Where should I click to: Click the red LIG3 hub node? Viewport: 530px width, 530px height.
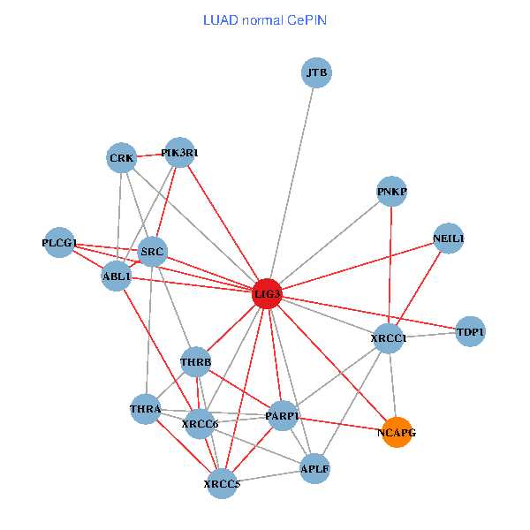click(x=267, y=293)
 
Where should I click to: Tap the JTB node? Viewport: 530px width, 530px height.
click(x=317, y=73)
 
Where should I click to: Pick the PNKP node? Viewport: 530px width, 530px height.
click(x=391, y=192)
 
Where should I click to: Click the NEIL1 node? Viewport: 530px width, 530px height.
click(x=449, y=238)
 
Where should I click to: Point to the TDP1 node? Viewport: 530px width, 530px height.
click(x=470, y=332)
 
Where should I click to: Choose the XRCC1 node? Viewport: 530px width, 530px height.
click(x=389, y=338)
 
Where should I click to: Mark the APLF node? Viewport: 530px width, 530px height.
click(x=315, y=468)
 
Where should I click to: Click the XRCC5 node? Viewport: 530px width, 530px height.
click(x=222, y=484)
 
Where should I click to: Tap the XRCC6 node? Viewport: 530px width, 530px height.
click(x=200, y=424)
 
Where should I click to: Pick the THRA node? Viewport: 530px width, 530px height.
click(x=145, y=409)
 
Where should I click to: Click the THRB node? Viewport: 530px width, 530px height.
click(x=195, y=362)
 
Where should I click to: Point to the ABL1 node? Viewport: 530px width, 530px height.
click(x=117, y=276)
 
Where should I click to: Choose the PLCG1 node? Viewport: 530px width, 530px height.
click(x=59, y=243)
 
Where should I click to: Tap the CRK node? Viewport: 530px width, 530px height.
click(x=121, y=159)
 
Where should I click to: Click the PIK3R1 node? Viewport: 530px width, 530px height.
click(x=179, y=153)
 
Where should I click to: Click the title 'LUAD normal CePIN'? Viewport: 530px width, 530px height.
click(x=265, y=19)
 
